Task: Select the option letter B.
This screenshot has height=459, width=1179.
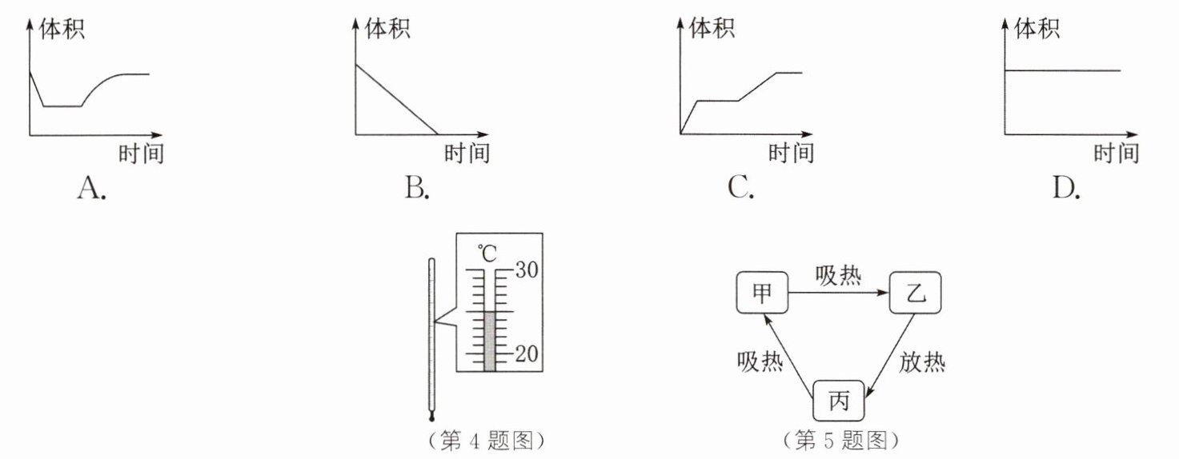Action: tap(417, 188)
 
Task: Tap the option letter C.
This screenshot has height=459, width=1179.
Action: tap(741, 188)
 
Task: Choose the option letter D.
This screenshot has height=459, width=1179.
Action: tap(1066, 188)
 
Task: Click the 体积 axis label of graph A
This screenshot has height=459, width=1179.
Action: tap(62, 29)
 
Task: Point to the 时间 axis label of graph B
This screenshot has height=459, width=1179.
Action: tap(467, 154)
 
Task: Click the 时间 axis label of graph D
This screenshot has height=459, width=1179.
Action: tap(1117, 154)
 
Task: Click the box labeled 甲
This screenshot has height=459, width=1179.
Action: tap(762, 293)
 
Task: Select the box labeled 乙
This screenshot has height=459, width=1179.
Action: tap(916, 293)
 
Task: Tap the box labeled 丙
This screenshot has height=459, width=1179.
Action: tap(839, 401)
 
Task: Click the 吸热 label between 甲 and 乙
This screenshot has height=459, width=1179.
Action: tap(839, 276)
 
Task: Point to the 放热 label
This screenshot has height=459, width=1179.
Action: tap(922, 362)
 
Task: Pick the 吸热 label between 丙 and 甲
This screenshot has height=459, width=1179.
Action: tap(760, 361)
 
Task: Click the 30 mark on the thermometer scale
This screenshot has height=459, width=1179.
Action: tap(527, 269)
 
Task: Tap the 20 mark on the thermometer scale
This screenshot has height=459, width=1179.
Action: tap(527, 353)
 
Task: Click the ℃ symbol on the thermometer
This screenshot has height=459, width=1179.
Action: tap(487, 253)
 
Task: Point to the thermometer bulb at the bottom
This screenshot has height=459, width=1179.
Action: tap(432, 418)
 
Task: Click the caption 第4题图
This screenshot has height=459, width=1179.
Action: tap(487, 441)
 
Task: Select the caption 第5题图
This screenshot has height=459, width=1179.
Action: tap(841, 440)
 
